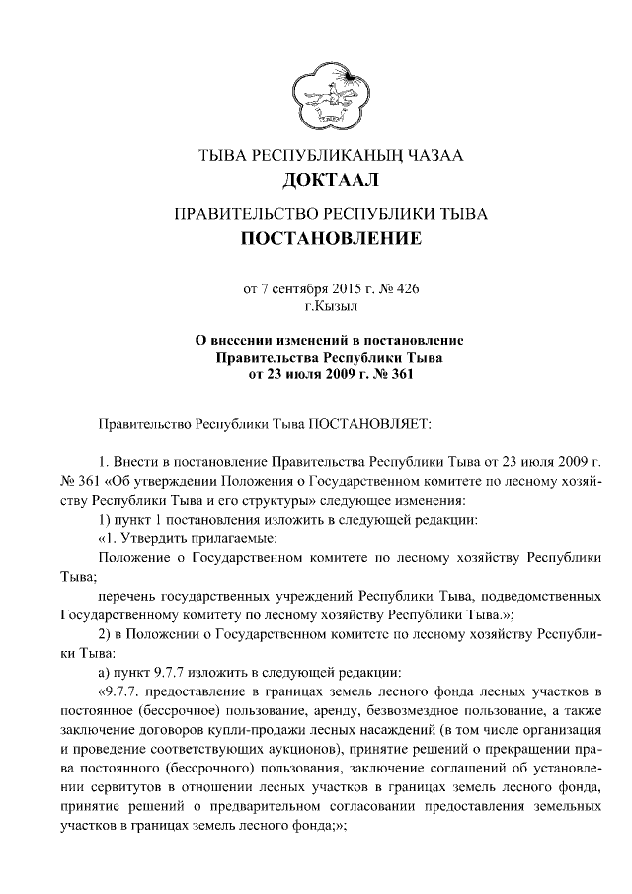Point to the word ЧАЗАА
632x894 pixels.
point(433,155)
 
